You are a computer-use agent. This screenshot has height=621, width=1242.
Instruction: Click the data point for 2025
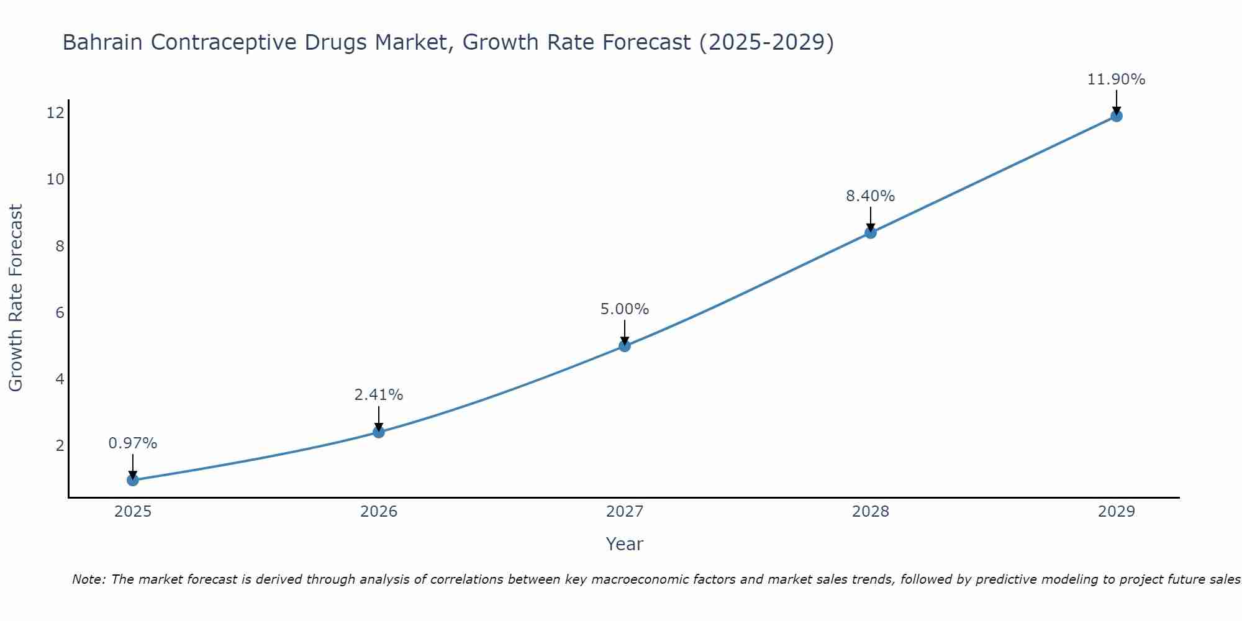coord(132,480)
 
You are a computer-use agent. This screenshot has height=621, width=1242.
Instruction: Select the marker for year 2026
coord(379,432)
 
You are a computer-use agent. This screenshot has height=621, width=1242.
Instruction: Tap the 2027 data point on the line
coord(625,346)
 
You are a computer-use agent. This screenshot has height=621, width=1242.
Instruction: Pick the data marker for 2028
coord(871,233)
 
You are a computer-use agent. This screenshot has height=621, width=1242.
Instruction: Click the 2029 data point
coord(1116,116)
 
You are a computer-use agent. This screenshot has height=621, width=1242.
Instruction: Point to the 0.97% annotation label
coord(132,443)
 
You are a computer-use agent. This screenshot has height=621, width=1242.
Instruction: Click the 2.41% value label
coord(379,395)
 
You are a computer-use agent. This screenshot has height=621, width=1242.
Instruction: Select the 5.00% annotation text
coord(625,309)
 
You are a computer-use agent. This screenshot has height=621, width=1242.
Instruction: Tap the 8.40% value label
coord(871,196)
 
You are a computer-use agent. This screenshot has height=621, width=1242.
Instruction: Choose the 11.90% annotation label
coord(1116,79)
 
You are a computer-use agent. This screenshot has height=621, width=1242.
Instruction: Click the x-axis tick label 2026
coord(379,512)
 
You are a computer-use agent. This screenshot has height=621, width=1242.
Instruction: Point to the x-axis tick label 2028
coord(871,512)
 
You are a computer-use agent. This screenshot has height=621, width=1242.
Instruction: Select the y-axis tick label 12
coord(55,113)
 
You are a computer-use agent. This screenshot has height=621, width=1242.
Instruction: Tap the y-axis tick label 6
coord(60,312)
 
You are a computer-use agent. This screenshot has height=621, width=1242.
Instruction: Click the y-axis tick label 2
coord(60,446)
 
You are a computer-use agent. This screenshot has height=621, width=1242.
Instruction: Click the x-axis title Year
coord(624,544)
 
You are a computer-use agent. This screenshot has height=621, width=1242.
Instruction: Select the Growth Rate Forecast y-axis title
coord(16,297)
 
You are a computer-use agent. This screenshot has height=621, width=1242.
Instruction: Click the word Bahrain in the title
coord(103,42)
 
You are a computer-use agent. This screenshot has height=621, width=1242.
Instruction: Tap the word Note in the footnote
coord(88,579)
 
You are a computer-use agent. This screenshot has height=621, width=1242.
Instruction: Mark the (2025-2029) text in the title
coord(766,42)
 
